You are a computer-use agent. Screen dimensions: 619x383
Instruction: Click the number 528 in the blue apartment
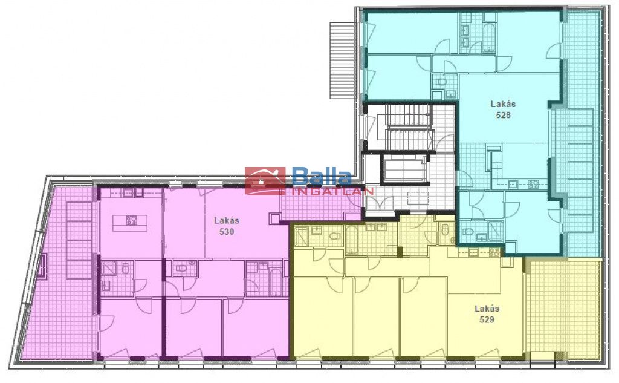pyautogui.click(x=504, y=115)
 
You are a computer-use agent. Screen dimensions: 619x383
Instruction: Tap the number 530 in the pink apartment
pyautogui.click(x=227, y=232)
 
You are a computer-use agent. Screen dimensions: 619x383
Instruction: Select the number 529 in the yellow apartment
pyautogui.click(x=487, y=319)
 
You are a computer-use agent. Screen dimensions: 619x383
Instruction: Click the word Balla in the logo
pyautogui.click(x=322, y=177)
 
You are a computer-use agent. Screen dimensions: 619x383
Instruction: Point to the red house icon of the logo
pyautogui.click(x=265, y=181)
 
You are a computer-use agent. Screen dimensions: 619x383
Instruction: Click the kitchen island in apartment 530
pyautogui.click(x=130, y=223)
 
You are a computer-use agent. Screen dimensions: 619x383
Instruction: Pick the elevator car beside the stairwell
pyautogui.click(x=404, y=169)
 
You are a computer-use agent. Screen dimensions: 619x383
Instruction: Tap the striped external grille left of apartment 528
pyautogui.click(x=343, y=60)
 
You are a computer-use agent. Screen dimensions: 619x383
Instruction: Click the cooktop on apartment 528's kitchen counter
pyautogui.click(x=534, y=184)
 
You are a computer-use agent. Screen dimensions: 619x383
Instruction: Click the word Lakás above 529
pyautogui.click(x=487, y=309)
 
